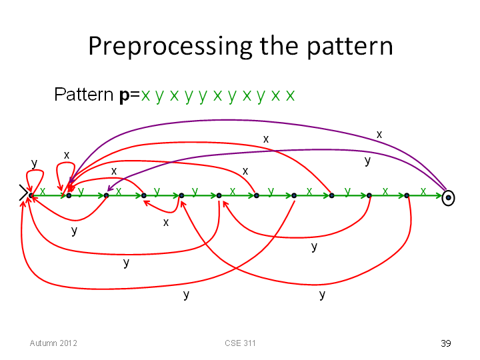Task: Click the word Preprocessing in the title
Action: click(x=170, y=47)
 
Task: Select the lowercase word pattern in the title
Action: click(x=349, y=47)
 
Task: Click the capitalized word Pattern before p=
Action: click(x=83, y=94)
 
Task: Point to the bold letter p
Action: click(x=124, y=95)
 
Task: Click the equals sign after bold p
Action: click(x=135, y=95)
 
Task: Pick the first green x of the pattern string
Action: click(x=145, y=96)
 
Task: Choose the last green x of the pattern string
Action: click(x=290, y=96)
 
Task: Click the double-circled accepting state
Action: click(x=448, y=198)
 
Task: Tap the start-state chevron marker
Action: click(x=24, y=193)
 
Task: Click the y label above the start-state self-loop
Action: click(x=34, y=164)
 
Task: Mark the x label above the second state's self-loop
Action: click(x=67, y=155)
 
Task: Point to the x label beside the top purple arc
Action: click(x=379, y=135)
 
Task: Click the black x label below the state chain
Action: click(x=166, y=222)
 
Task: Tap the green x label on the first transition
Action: click(x=43, y=191)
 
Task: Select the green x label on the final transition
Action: click(x=423, y=191)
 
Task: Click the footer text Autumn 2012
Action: click(x=53, y=343)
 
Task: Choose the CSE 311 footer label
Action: click(x=240, y=343)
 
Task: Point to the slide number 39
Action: click(x=446, y=343)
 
